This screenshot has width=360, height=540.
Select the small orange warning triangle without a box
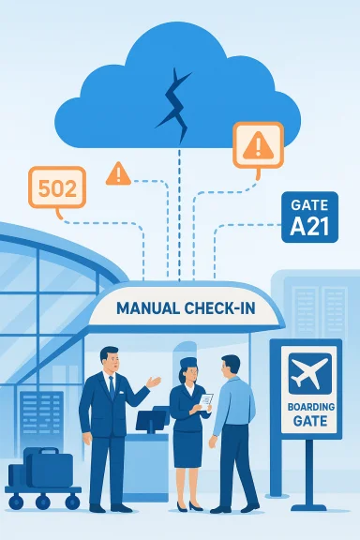pyautogui.click(x=118, y=172)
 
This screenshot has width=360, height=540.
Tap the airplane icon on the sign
pyautogui.click(x=306, y=372)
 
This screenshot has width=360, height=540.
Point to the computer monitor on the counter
pyautogui.click(x=150, y=419)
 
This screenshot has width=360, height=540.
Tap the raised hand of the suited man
pyautogui.click(x=152, y=382)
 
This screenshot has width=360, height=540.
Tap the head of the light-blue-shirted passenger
pyautogui.click(x=230, y=367)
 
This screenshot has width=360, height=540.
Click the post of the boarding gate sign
pyautogui.click(x=306, y=473)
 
